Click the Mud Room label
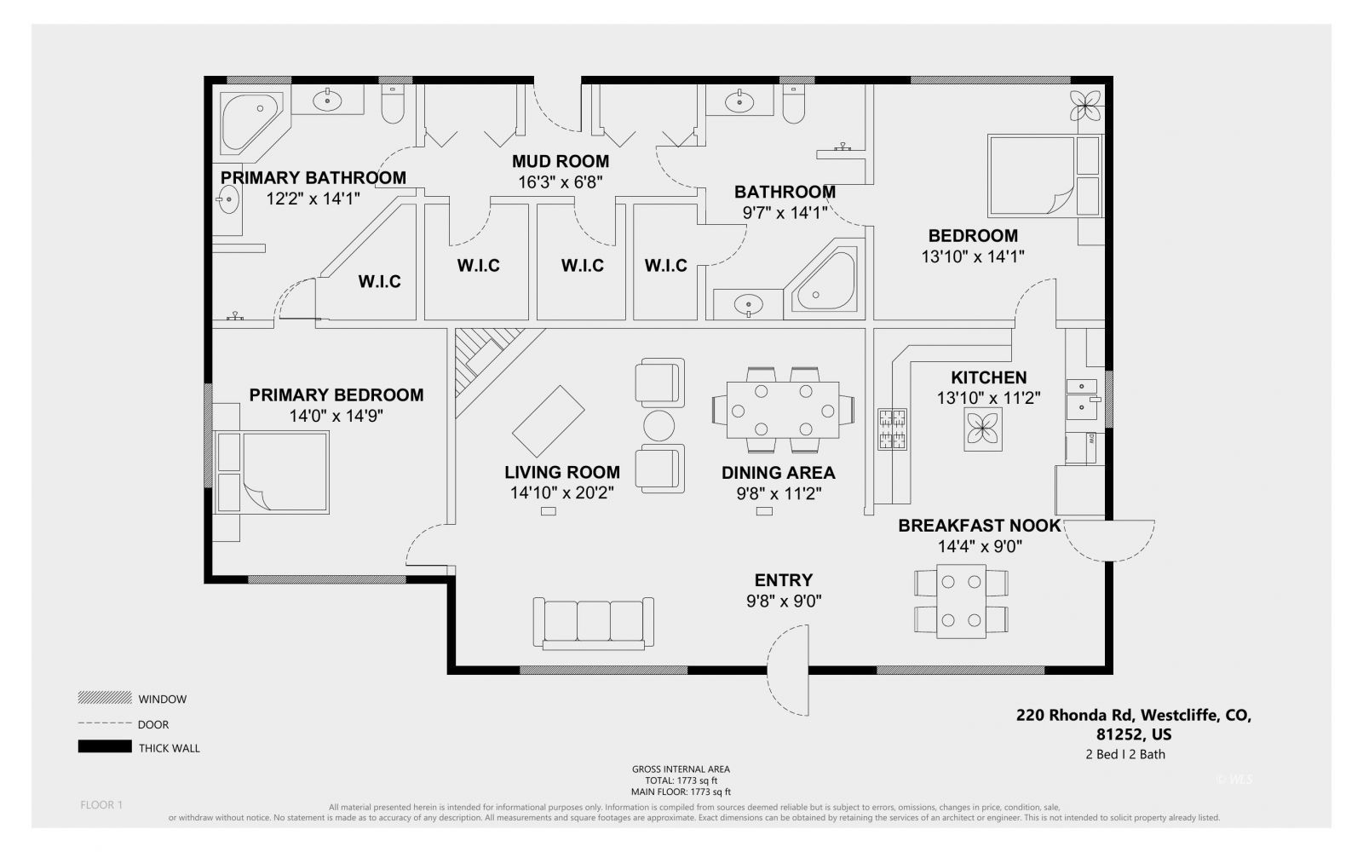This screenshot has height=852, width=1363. pyautogui.click(x=560, y=161)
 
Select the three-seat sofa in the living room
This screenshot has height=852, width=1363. pyautogui.click(x=593, y=621)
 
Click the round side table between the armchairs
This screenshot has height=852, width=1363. pyautogui.click(x=658, y=424)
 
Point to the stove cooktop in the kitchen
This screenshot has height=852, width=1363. pyautogui.click(x=892, y=429)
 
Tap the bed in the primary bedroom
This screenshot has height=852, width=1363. pyautogui.click(x=273, y=473)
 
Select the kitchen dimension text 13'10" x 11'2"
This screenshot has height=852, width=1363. pyautogui.click(x=988, y=398)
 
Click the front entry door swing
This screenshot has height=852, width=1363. pyautogui.click(x=788, y=671)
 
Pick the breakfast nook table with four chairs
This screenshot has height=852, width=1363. pyautogui.click(x=961, y=601)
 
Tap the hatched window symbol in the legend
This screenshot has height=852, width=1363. pyautogui.click(x=105, y=698)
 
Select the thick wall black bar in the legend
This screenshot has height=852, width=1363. pyautogui.click(x=105, y=747)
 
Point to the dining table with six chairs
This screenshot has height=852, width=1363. pyautogui.click(x=782, y=411)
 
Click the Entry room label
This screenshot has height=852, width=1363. pyautogui.click(x=783, y=580)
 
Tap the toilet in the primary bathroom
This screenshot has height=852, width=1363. pyautogui.click(x=394, y=104)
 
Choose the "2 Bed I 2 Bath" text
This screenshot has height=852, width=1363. pyautogui.click(x=1124, y=754)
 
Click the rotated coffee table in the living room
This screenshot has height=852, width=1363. pyautogui.click(x=548, y=422)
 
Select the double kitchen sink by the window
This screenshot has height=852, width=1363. pyautogui.click(x=1084, y=397)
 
